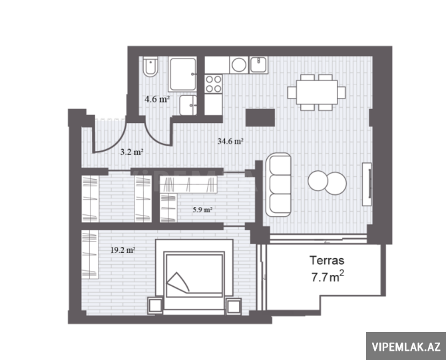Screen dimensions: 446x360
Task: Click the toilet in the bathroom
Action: tap(150, 67)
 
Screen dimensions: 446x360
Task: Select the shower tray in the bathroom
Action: tap(182, 74)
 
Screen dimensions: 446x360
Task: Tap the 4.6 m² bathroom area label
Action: tap(157, 99)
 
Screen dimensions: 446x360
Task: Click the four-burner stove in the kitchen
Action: tap(214, 84)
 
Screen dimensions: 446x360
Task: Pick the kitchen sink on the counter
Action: tap(258, 65)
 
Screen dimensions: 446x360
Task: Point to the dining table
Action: tap(317, 92)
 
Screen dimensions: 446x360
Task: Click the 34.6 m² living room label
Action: tap(230, 141)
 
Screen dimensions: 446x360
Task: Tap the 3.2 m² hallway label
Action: tap(131, 152)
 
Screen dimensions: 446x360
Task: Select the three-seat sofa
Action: tap(279, 184)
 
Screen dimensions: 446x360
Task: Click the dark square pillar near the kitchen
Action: tap(260, 117)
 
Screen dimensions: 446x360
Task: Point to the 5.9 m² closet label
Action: tap(202, 210)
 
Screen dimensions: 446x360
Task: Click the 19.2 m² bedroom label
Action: tap(123, 250)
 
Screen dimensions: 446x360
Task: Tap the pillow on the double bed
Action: tap(178, 283)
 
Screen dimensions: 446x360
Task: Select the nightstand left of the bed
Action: tap(155, 306)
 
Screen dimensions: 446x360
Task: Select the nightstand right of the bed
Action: tap(234, 306)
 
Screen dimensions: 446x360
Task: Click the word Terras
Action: tap(327, 260)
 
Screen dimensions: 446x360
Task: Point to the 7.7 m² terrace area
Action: tap(328, 277)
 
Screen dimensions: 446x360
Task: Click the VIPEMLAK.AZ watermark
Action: tap(406, 347)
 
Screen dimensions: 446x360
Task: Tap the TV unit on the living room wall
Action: tap(367, 184)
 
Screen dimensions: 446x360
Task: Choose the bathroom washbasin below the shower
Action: tap(188, 105)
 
